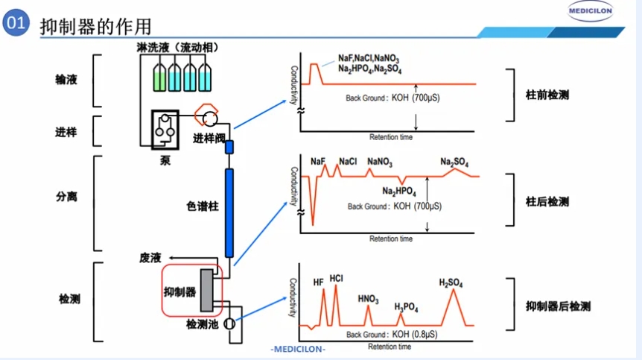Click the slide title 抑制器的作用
click(95, 26)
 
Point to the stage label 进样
click(66, 132)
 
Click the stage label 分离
click(66, 198)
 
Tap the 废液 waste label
click(150, 257)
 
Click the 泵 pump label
click(165, 159)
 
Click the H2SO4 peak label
click(451, 282)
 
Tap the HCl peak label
click(336, 279)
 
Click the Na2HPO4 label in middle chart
click(401, 192)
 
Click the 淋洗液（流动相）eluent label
click(177, 48)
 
